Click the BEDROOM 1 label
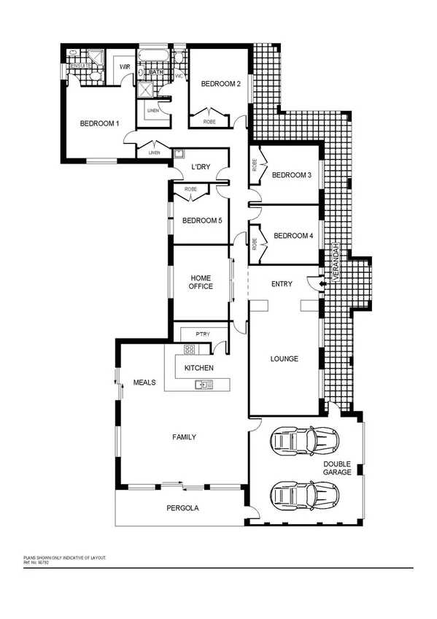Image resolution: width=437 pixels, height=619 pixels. (99, 123)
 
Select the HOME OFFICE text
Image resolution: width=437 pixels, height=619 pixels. (201, 282)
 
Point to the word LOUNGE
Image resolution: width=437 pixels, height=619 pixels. (285, 358)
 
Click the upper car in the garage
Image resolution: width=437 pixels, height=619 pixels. (303, 440)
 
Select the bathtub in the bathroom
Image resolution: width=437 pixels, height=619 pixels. (154, 56)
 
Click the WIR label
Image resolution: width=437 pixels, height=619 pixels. (124, 66)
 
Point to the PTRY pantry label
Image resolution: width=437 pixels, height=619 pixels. (202, 334)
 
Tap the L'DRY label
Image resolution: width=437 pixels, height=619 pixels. (201, 167)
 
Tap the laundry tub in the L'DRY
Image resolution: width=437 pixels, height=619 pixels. (179, 154)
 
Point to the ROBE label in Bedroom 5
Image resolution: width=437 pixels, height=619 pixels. (191, 189)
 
